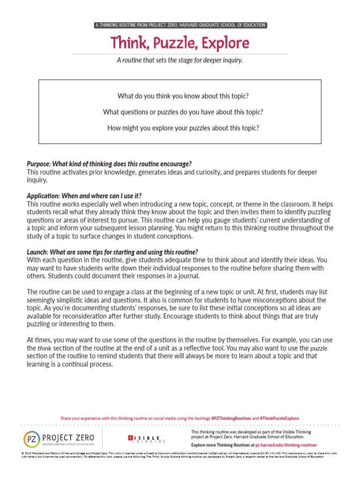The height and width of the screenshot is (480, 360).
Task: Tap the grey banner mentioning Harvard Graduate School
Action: (180, 25)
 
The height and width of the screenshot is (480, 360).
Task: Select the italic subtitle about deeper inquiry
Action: (180, 60)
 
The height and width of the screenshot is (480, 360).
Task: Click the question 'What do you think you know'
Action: (183, 96)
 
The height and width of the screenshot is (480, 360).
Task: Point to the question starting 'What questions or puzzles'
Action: (183, 112)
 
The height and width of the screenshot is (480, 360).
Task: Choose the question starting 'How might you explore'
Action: (183, 127)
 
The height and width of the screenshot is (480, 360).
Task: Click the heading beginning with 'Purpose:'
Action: (109, 164)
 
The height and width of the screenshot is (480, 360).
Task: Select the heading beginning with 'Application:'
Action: (84, 195)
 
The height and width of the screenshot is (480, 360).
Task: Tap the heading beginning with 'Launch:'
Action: (112, 252)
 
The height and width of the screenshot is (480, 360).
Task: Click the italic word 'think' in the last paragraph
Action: (44, 349)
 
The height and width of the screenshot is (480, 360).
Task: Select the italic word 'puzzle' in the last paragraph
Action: (319, 349)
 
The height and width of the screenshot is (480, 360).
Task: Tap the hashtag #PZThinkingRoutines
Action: (231, 418)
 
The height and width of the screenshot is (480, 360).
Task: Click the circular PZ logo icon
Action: (31, 439)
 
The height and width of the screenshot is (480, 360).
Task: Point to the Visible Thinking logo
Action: (146, 439)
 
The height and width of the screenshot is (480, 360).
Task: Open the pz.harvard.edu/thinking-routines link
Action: (286, 445)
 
